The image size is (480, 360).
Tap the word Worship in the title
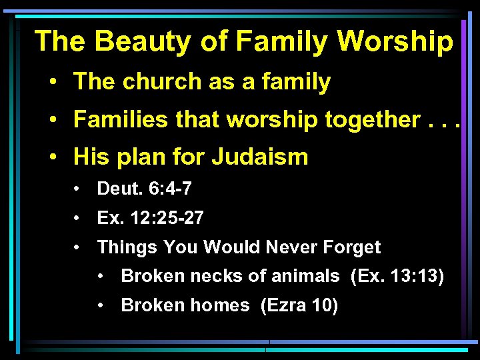coord(395,41)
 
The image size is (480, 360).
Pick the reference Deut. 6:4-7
coord(144,189)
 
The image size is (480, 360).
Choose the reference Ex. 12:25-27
coord(151,218)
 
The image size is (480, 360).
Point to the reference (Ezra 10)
coord(299,305)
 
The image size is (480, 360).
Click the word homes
coord(220,305)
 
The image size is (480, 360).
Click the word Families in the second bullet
coord(112,120)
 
